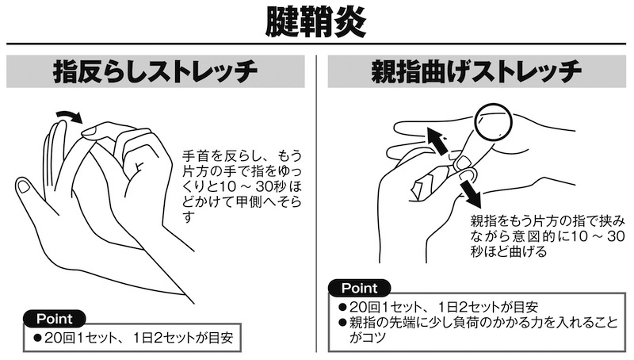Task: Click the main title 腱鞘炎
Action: pyautogui.click(x=315, y=22)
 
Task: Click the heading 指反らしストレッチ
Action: pyautogui.click(x=155, y=71)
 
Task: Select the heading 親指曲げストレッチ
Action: pyautogui.click(x=476, y=71)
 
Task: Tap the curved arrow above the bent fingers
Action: pyautogui.click(x=69, y=117)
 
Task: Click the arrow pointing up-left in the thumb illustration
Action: pyautogui.click(x=437, y=140)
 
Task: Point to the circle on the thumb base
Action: pyautogui.click(x=494, y=122)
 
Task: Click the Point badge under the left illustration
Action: pyautogui.click(x=55, y=319)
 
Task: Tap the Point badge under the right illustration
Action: pyautogui.click(x=360, y=288)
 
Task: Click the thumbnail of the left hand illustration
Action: pyautogui.click(x=23, y=186)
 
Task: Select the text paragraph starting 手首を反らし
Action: pyautogui.click(x=242, y=186)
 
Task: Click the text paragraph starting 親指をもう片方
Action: pyautogui.click(x=548, y=236)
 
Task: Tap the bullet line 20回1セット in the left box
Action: pyautogui.click(x=134, y=338)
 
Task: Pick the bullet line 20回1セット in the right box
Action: pyautogui.click(x=439, y=307)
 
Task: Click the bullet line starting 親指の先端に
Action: pyautogui.click(x=479, y=329)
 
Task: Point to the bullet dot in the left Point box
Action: pyautogui.click(x=38, y=338)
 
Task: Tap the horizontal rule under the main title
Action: pyautogui.click(x=316, y=44)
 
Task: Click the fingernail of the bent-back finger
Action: pyautogui.click(x=90, y=130)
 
